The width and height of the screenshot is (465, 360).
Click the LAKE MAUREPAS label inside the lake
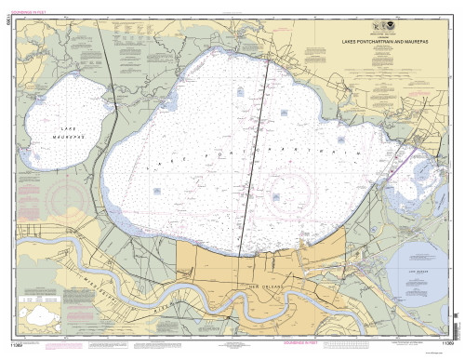[56, 131]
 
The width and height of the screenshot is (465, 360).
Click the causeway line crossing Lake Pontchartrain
[252, 158]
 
